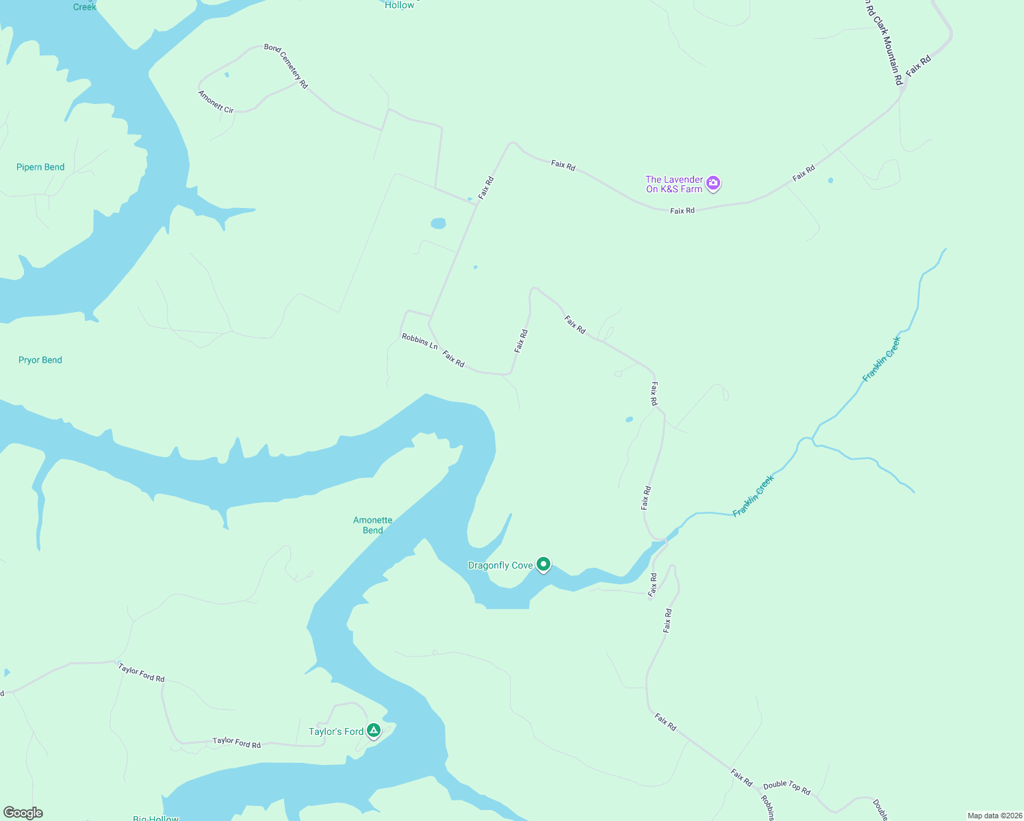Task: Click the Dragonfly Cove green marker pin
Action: coord(543,564)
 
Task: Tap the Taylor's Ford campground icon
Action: coord(374,731)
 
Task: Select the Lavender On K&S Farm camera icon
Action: coord(713,183)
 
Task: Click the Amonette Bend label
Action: coord(373,525)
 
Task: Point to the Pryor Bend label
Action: coord(40,360)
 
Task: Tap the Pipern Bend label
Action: coord(40,167)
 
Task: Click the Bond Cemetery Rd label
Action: coord(286,66)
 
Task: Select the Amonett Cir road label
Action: coord(216,102)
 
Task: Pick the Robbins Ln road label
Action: coord(420,341)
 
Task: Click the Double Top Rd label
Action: coord(787,787)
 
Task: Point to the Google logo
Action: coord(23,813)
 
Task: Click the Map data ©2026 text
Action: coord(995,816)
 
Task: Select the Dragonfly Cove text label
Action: coord(500,565)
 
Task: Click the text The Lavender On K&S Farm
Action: coord(674,184)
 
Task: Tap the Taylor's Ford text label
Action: coord(336,731)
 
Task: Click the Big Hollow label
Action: coord(155,818)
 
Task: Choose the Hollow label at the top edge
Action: coord(400,5)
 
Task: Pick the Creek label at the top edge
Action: coord(85,6)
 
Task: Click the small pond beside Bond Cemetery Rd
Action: coord(227,75)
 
